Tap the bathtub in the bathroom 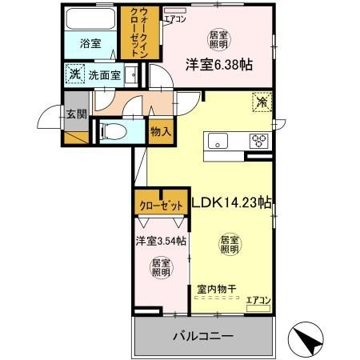click(90, 18)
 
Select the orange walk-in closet click(145, 30)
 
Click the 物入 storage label click(160, 130)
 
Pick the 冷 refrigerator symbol click(261, 102)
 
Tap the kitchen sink click(219, 141)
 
